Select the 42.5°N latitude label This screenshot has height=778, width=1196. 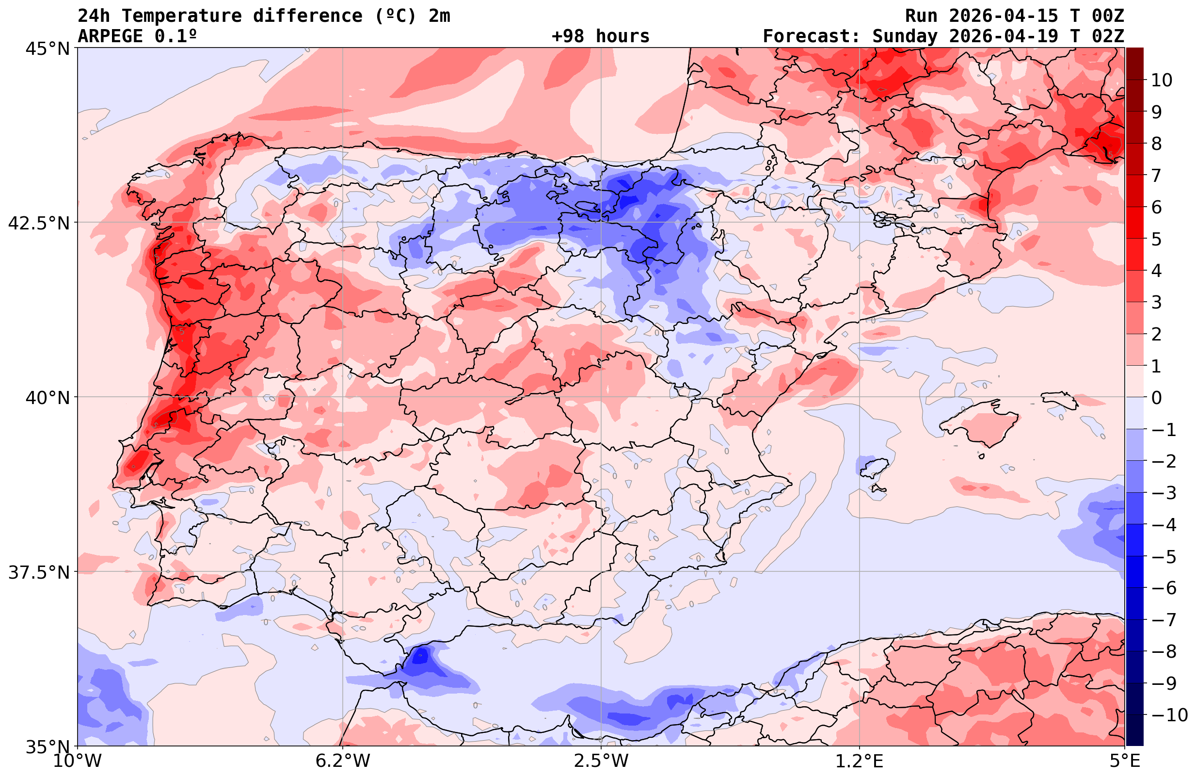38,223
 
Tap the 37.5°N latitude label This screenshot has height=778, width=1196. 38,572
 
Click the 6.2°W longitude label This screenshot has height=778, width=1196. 342,761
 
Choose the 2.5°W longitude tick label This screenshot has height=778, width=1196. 601,761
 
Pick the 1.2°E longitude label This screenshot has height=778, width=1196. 860,761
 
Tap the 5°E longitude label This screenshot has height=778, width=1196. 1125,761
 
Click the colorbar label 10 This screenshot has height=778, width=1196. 1161,80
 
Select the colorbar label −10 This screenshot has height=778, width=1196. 1169,714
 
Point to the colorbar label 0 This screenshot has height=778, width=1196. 1156,398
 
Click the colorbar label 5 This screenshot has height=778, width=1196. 1156,240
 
